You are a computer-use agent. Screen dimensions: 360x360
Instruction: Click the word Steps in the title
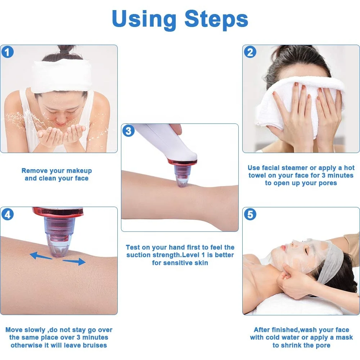(x=216, y=19)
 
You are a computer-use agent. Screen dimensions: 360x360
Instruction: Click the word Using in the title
(x=144, y=19)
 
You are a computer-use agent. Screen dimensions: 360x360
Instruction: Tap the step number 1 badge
(x=8, y=52)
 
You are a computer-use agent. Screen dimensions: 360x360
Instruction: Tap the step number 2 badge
(x=250, y=52)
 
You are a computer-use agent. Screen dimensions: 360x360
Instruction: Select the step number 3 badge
(x=129, y=131)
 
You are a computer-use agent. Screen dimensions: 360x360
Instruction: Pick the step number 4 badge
(x=8, y=214)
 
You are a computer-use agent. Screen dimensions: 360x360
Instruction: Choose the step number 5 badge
(x=250, y=214)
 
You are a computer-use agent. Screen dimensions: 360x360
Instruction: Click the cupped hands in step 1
(x=61, y=135)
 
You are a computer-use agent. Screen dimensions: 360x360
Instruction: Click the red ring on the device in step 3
(x=182, y=162)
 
